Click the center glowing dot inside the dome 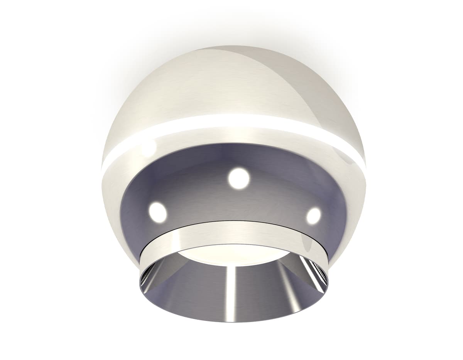coord(238,178)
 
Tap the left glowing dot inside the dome coord(157,212)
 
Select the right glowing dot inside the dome coord(313,215)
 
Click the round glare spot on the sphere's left coord(149,149)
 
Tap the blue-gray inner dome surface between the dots coord(201,193)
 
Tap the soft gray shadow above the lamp coord(231,27)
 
